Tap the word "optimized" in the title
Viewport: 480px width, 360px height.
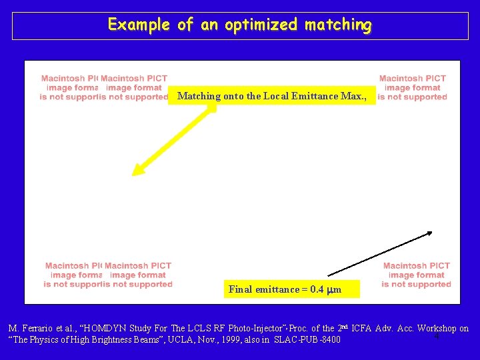[262, 25]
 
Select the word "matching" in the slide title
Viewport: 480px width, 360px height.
[339, 25]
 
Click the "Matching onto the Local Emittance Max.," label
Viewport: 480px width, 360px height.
[273, 96]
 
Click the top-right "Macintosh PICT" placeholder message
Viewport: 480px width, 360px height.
[413, 87]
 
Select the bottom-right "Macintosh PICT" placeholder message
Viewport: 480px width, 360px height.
[416, 275]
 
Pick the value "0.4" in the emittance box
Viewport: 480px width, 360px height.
[317, 289]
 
